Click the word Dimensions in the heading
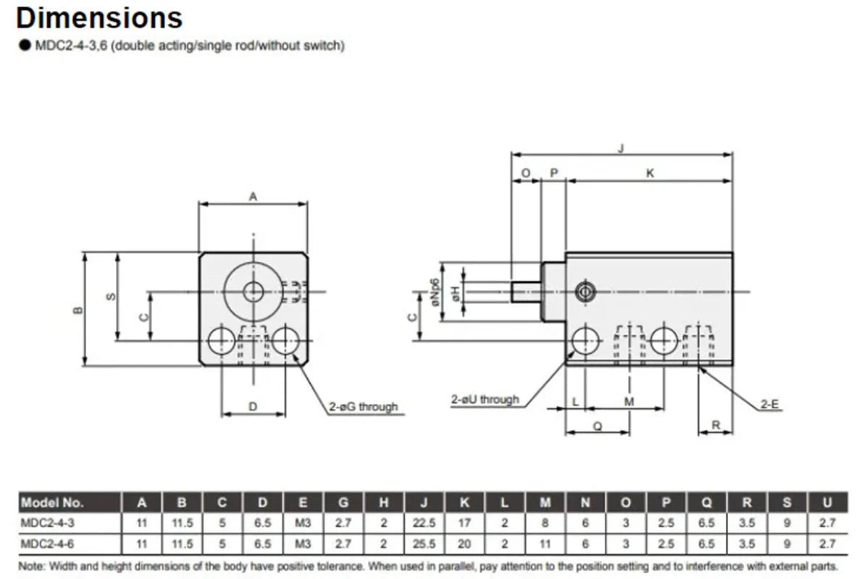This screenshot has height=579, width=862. click(99, 17)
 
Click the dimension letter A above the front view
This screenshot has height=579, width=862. click(253, 196)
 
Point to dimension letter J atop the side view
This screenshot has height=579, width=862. click(622, 148)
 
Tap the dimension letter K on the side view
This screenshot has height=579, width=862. click(650, 173)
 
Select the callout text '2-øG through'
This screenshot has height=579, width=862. click(364, 407)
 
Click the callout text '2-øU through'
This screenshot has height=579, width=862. click(485, 400)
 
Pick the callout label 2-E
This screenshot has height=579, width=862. click(769, 405)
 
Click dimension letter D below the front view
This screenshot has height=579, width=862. click(253, 407)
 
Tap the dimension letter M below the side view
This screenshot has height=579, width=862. click(629, 402)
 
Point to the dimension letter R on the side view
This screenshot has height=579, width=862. click(716, 425)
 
